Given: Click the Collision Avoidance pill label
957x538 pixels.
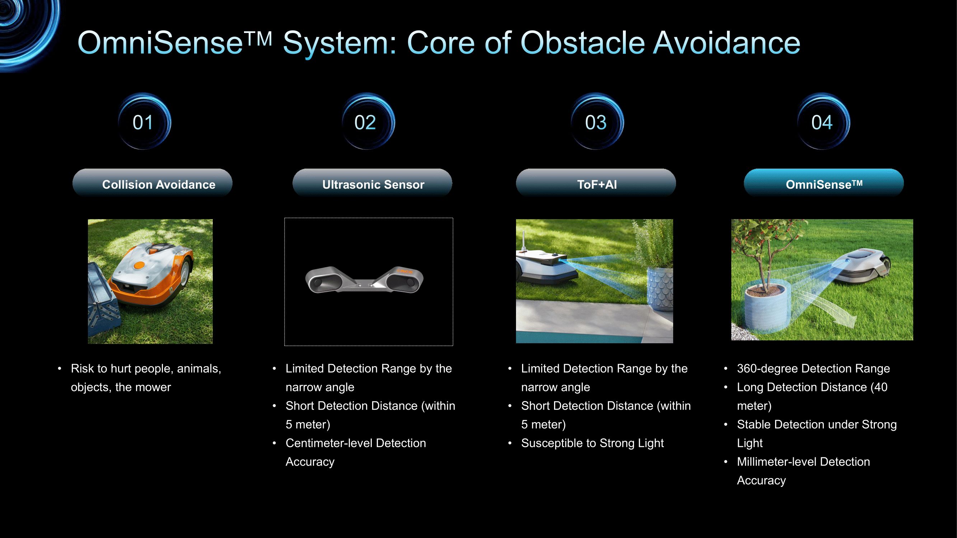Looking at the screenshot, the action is tap(152, 183).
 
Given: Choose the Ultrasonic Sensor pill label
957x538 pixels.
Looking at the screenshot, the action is tap(372, 183).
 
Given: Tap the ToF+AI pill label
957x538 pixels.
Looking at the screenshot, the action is tap(596, 183).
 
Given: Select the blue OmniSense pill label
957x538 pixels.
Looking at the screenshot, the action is tap(824, 183).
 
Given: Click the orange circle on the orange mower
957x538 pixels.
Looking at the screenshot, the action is tap(139, 265).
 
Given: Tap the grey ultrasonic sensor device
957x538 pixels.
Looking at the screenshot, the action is tap(364, 280).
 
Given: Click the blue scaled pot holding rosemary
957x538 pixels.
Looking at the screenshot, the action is tap(660, 289).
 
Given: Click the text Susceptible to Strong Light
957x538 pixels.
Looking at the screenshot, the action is tap(592, 443).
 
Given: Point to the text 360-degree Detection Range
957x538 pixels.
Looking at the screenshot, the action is tap(813, 368).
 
